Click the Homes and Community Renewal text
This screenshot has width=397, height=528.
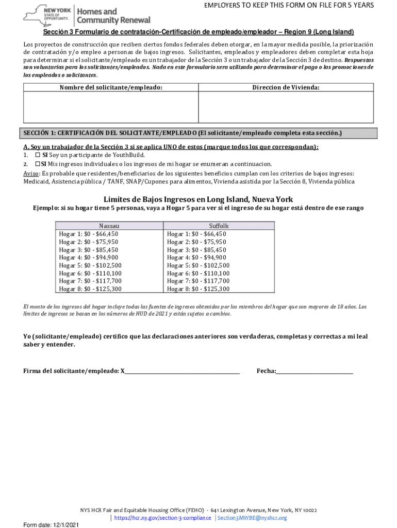tap(113, 16)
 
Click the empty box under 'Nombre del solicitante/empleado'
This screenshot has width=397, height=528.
tap(111, 106)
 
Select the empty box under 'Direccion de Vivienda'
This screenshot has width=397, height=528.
tap(286, 106)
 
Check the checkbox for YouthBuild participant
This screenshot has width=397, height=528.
tap(37, 155)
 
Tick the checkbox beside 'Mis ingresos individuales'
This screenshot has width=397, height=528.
tap(37, 164)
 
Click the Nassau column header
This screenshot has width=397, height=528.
tap(109, 226)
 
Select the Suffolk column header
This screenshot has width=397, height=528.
tap(219, 226)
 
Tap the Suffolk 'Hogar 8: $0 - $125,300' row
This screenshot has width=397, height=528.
tap(198, 289)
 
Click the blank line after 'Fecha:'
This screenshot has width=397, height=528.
tap(315, 371)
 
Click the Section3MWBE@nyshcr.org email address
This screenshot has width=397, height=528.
tap(252, 518)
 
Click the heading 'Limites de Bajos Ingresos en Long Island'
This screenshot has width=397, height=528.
tap(198, 199)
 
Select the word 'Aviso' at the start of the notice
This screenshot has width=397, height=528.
tap(31, 174)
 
